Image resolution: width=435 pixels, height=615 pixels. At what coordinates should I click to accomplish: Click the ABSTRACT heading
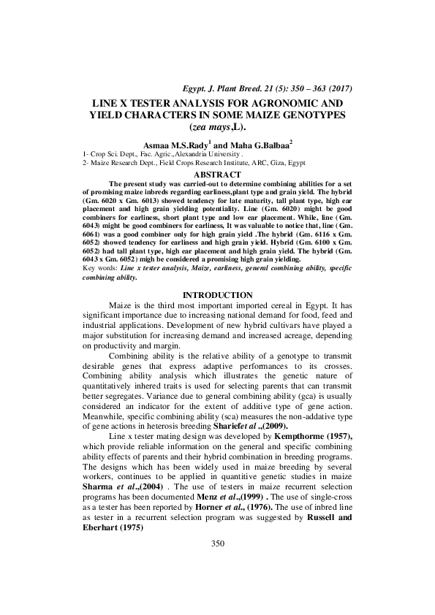[x=216, y=175]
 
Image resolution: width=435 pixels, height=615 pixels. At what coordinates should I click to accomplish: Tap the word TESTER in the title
[x=140, y=104]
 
